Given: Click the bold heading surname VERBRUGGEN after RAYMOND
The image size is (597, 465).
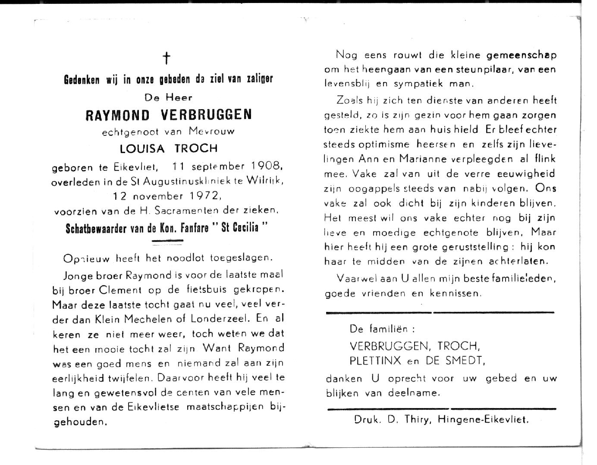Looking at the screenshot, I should pyautogui.click(x=207, y=115).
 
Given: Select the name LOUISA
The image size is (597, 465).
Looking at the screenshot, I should pyautogui.click(x=142, y=148).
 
